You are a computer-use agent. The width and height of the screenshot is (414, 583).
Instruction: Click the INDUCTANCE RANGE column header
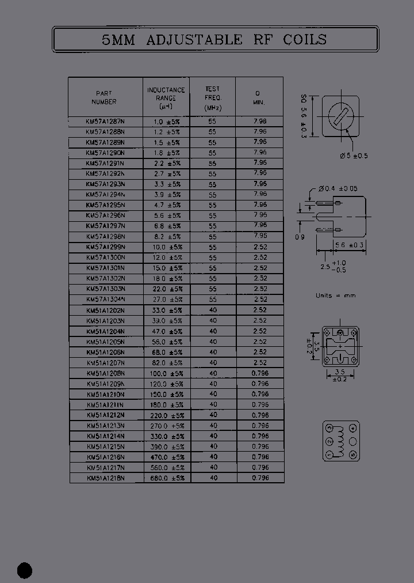pos(166,98)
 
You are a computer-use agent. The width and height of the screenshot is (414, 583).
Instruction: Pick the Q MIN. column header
pos(258,97)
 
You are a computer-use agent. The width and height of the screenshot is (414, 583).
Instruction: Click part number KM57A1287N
pos(105,122)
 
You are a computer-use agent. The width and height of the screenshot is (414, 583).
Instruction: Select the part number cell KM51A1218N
pos(105,478)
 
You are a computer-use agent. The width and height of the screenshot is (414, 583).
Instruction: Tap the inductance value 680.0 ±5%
pos(167,478)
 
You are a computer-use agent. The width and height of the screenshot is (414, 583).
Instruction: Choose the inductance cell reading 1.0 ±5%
pos(167,122)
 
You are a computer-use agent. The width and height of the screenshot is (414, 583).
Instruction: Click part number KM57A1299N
pos(105,247)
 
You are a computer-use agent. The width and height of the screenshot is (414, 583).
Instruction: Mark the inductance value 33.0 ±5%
pos(167,310)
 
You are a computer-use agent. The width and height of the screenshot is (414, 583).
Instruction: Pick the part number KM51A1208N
pos(105,373)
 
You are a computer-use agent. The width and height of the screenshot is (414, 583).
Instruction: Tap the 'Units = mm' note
pos(336,296)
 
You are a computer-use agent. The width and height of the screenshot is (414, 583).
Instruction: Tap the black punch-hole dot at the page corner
pos(25,570)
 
